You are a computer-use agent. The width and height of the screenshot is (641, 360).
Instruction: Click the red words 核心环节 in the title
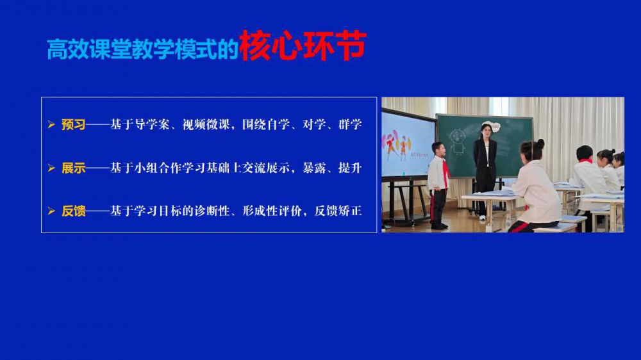pyautogui.click(x=303, y=45)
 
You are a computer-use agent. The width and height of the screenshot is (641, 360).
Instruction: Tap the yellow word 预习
pyautogui.click(x=74, y=124)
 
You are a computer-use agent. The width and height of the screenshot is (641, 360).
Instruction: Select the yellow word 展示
pyautogui.click(x=74, y=168)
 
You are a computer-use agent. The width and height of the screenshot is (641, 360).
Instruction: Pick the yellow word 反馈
pyautogui.click(x=74, y=211)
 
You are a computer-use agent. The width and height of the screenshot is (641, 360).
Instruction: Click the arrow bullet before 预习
pyautogui.click(x=51, y=124)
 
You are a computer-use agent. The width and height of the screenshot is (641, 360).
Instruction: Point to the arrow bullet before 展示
pyautogui.click(x=51, y=168)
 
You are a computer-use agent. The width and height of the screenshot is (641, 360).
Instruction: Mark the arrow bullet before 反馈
pyautogui.click(x=51, y=211)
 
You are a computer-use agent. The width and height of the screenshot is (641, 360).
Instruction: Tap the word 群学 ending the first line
pyautogui.click(x=350, y=124)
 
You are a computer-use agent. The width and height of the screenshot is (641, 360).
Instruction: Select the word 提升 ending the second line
pyautogui.click(x=350, y=168)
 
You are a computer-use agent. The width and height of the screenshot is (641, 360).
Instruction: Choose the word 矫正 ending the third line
pyautogui.click(x=350, y=211)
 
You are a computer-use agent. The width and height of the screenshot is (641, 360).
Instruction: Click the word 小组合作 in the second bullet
pyautogui.click(x=158, y=168)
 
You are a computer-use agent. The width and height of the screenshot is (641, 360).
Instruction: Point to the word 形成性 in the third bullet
pyautogui.click(x=260, y=211)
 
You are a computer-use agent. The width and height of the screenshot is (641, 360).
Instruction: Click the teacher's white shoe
pyautogui.click(x=483, y=218)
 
